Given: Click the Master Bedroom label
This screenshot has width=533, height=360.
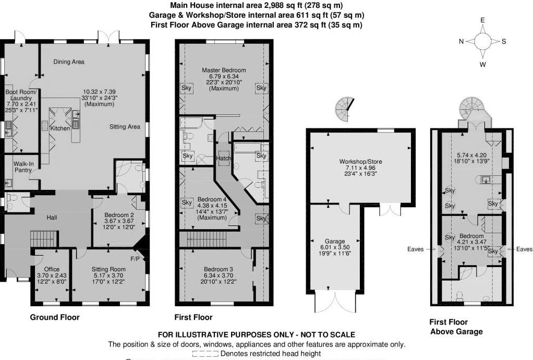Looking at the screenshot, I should [224, 70].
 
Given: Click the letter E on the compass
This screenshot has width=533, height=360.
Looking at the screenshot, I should [483, 20].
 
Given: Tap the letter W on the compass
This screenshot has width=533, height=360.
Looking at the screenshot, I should [483, 65].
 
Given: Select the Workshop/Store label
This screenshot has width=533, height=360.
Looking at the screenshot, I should [360, 162].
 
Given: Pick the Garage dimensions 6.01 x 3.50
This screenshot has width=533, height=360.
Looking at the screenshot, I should [335, 248].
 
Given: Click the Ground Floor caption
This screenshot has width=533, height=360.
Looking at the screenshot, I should [55, 317].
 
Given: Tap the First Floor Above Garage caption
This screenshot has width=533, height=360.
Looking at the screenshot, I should [455, 327].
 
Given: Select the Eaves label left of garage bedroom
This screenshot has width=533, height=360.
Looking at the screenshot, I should [416, 249].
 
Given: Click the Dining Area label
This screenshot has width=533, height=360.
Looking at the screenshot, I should [69, 62].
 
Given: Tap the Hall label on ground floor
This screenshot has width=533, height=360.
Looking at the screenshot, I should [52, 218].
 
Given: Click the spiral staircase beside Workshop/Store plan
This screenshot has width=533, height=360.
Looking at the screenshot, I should [344, 108].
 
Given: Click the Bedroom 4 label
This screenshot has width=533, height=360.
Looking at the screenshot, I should [212, 199].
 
